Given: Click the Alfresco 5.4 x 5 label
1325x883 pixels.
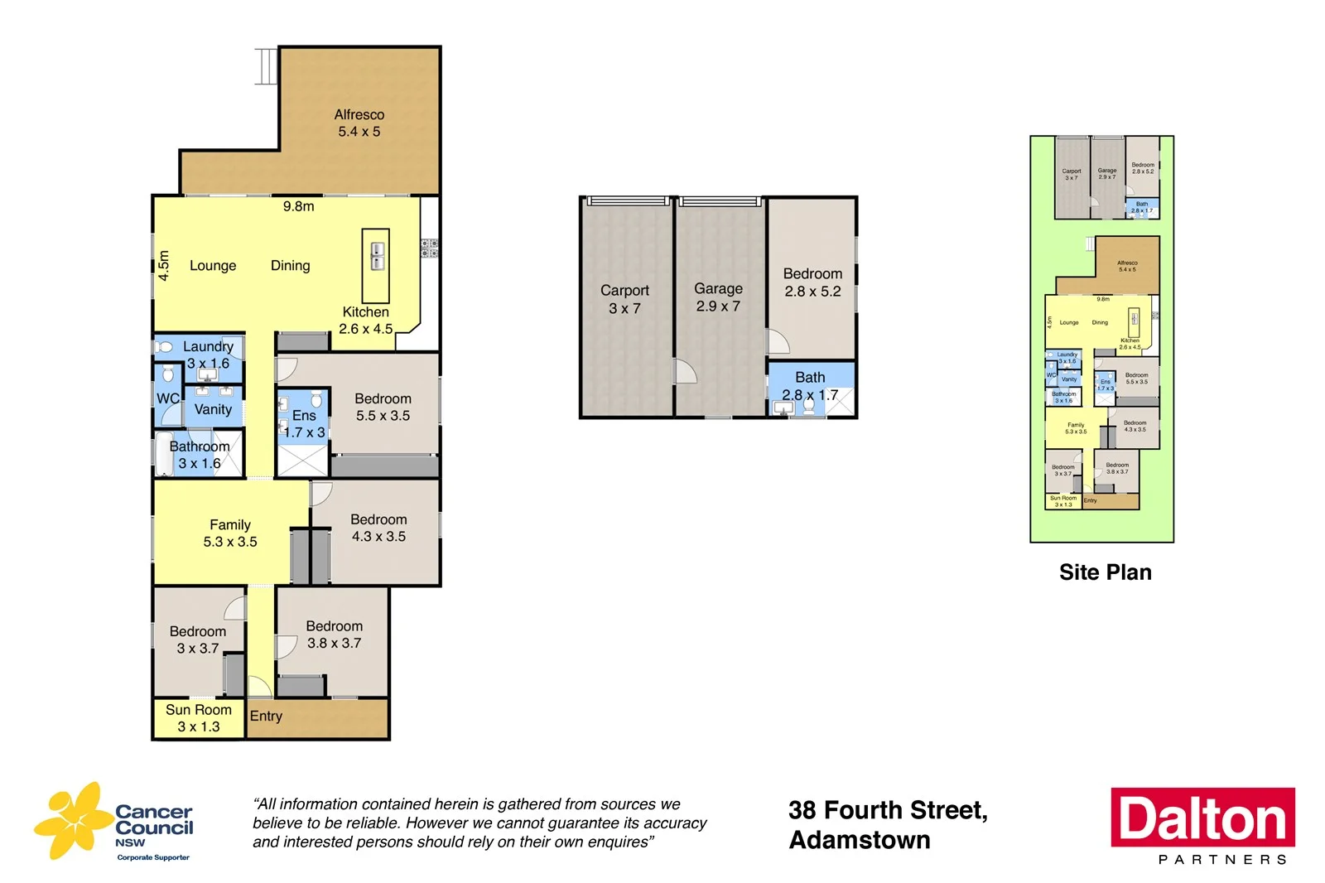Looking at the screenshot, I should (359, 123).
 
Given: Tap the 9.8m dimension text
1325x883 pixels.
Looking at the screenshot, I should (298, 206).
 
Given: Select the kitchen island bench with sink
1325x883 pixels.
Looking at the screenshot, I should (376, 265).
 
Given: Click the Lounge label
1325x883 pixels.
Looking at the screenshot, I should (213, 265).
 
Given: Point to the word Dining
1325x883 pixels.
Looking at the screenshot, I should (290, 265).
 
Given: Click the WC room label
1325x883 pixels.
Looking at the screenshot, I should (167, 398).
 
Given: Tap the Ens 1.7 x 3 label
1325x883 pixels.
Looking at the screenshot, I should (304, 423).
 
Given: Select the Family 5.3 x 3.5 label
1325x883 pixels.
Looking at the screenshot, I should (229, 533).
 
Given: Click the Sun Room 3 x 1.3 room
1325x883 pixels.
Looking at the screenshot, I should (199, 718).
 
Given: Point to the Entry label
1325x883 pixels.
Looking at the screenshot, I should (266, 716).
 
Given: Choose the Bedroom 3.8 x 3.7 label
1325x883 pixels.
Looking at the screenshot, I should (334, 635).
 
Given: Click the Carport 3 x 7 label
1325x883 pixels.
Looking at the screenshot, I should (624, 299).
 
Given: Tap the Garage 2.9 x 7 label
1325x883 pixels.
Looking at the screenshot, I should (718, 297).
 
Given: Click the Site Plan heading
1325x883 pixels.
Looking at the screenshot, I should (1105, 572).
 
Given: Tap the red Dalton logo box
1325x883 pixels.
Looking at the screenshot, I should (1202, 818).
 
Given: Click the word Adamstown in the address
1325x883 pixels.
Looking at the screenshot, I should (860, 840).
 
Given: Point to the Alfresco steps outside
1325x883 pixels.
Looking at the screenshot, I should (265, 66).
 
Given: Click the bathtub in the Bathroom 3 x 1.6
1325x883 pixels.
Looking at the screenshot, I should (163, 453).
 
